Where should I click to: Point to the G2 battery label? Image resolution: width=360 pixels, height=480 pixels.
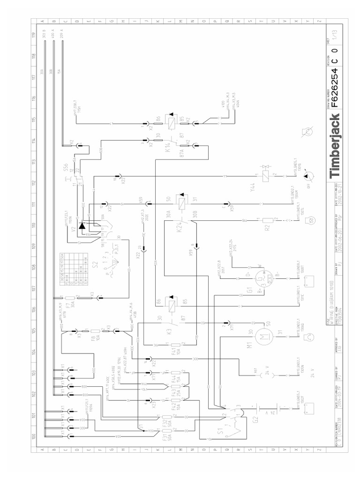click(256, 419)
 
